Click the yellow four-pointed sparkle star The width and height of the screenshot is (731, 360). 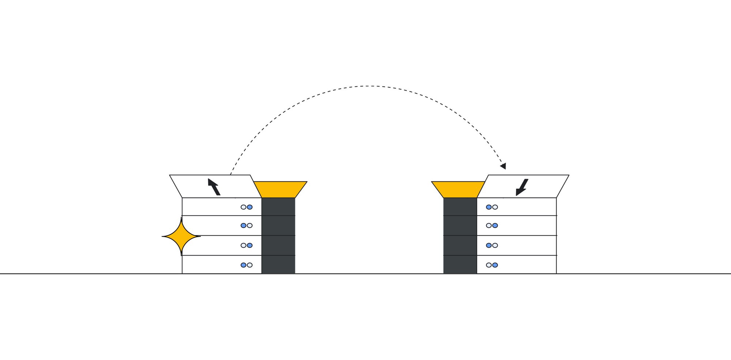pyautogui.click(x=181, y=236)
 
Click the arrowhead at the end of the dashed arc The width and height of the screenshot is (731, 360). pyautogui.click(x=504, y=166)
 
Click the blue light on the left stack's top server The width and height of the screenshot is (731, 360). pyautogui.click(x=250, y=207)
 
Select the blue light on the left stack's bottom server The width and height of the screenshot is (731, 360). pyautogui.click(x=244, y=265)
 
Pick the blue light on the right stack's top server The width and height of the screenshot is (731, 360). pyautogui.click(x=489, y=207)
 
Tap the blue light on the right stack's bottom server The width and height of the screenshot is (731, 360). pyautogui.click(x=495, y=265)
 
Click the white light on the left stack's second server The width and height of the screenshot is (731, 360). pyautogui.click(x=250, y=226)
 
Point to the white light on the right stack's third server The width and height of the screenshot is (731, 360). pyautogui.click(x=495, y=245)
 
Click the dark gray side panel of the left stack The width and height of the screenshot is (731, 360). pyautogui.click(x=278, y=236)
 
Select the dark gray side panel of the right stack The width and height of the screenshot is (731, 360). pyautogui.click(x=460, y=236)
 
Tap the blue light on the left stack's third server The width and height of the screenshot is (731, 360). pyautogui.click(x=250, y=245)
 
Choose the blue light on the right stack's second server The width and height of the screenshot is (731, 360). pyautogui.click(x=495, y=226)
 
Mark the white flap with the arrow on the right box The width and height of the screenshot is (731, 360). pyautogui.click(x=541, y=186)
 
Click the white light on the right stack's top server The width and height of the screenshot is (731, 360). pyautogui.click(x=495, y=207)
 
